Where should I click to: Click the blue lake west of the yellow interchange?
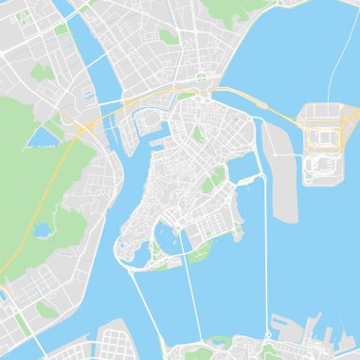click(42, 139)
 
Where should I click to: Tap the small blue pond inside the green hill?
click(41, 228)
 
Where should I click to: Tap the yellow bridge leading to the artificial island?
click(279, 113)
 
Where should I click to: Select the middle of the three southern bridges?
click(190, 303)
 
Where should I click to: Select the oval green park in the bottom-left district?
click(45, 309)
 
